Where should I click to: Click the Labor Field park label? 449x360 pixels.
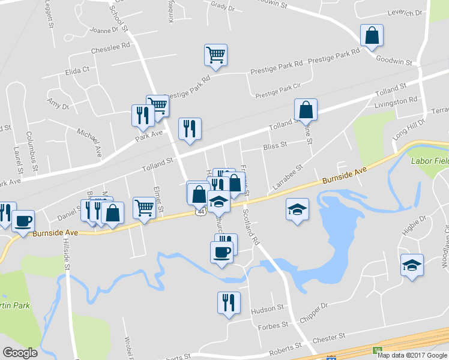click(429, 161)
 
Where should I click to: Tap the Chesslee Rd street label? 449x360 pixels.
click(110, 45)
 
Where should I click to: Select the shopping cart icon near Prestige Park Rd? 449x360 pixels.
click(215, 55)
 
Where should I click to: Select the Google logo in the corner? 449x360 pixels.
click(20, 353)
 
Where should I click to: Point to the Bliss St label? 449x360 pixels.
click(275, 145)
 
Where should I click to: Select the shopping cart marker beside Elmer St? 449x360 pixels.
click(144, 208)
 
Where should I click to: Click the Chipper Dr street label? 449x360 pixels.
click(316, 307)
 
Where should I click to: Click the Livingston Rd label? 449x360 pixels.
click(396, 103)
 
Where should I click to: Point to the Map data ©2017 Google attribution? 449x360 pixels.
click(412, 355)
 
